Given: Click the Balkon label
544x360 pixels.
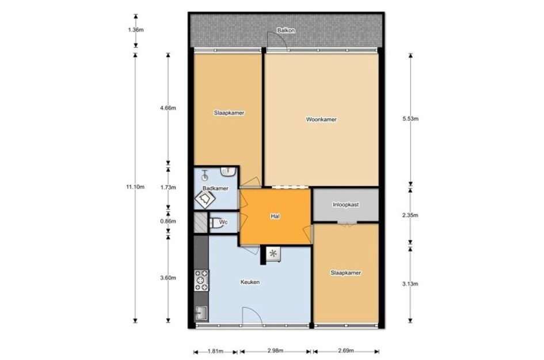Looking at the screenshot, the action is (286, 31).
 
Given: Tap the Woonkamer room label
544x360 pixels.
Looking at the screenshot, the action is (321, 119).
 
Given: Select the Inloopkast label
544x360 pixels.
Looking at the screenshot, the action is (345, 205).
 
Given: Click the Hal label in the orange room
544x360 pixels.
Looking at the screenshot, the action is (275, 216).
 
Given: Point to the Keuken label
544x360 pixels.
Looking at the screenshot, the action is (250, 282).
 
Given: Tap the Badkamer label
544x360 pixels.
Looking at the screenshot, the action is (215, 188).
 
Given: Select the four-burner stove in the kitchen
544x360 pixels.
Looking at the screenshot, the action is (201, 281).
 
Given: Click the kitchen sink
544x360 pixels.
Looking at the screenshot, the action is (201, 313).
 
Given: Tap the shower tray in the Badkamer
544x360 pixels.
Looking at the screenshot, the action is (205, 199).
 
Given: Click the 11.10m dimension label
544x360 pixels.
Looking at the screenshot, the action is (135, 187).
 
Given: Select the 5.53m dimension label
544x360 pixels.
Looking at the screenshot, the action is (410, 119).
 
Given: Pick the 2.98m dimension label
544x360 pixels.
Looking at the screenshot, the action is (276, 351).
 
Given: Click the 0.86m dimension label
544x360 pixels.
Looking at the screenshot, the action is (168, 221).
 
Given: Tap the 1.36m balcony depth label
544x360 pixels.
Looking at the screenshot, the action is (136, 30).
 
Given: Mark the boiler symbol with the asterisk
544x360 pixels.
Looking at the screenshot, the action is (273, 254).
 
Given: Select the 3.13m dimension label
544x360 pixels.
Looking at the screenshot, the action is (410, 284).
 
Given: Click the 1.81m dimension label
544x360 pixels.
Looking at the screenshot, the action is (215, 351).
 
